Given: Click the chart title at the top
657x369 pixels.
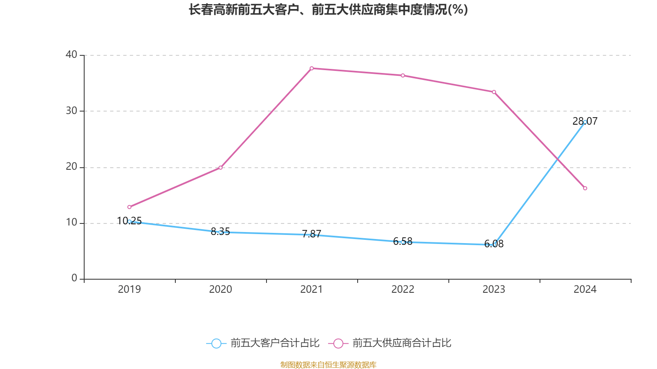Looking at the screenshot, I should (x=328, y=10).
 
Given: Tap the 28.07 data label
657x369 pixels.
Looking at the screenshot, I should (x=585, y=121).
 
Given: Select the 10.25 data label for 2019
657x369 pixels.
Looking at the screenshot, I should (x=129, y=221).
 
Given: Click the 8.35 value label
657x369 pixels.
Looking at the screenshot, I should (x=220, y=231).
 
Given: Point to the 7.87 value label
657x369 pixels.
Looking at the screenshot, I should (x=311, y=234).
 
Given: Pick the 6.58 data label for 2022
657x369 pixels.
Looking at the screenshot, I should (x=402, y=241).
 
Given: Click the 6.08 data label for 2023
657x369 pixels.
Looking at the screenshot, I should (x=494, y=244).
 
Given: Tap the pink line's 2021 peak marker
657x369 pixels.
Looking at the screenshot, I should (x=312, y=68).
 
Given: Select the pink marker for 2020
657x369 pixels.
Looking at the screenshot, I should (x=221, y=168).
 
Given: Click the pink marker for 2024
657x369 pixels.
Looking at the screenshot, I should (x=585, y=188).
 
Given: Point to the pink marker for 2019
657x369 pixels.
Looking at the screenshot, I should (x=129, y=207).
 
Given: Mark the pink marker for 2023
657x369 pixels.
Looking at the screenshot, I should (x=494, y=92).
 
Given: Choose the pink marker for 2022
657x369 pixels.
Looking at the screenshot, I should (x=403, y=75).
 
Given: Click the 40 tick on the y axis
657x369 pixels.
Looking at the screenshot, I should (x=71, y=55).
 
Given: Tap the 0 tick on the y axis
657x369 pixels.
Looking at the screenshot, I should (x=74, y=278).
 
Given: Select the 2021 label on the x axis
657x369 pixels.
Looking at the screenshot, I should (x=311, y=289).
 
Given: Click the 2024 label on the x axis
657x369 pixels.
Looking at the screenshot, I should (x=585, y=289).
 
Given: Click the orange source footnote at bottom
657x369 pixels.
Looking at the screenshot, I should (x=328, y=364).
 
